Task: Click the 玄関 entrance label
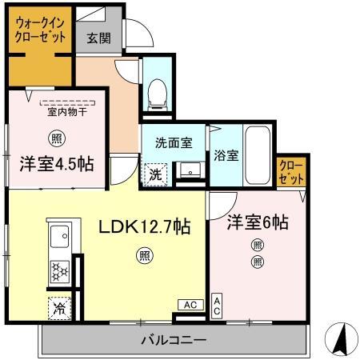click(x=98, y=37)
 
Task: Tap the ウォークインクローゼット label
click(x=40, y=31)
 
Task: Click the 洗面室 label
click(x=174, y=143)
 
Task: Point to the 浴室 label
click(x=226, y=156)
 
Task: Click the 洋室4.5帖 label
click(x=56, y=164)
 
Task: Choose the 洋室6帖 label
click(x=256, y=223)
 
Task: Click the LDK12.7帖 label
click(x=144, y=227)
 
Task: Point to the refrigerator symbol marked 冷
click(x=59, y=306)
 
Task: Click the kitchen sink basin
click(x=59, y=238)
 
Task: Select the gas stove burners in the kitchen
click(x=60, y=270)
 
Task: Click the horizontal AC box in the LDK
click(x=190, y=305)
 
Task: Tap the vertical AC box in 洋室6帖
click(x=216, y=305)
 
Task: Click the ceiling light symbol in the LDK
click(x=144, y=257)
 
